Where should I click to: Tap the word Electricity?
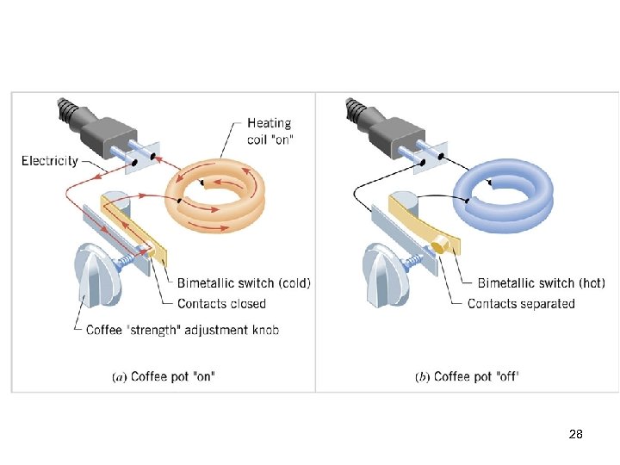[50, 160]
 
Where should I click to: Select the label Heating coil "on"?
[270, 131]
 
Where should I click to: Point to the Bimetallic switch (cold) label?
[244, 282]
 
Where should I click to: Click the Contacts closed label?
[221, 303]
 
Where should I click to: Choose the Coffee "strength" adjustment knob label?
[183, 330]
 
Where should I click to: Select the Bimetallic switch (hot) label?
[542, 282]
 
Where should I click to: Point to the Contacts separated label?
[521, 303]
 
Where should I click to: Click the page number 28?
[576, 435]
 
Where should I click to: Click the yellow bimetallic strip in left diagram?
[138, 227]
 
